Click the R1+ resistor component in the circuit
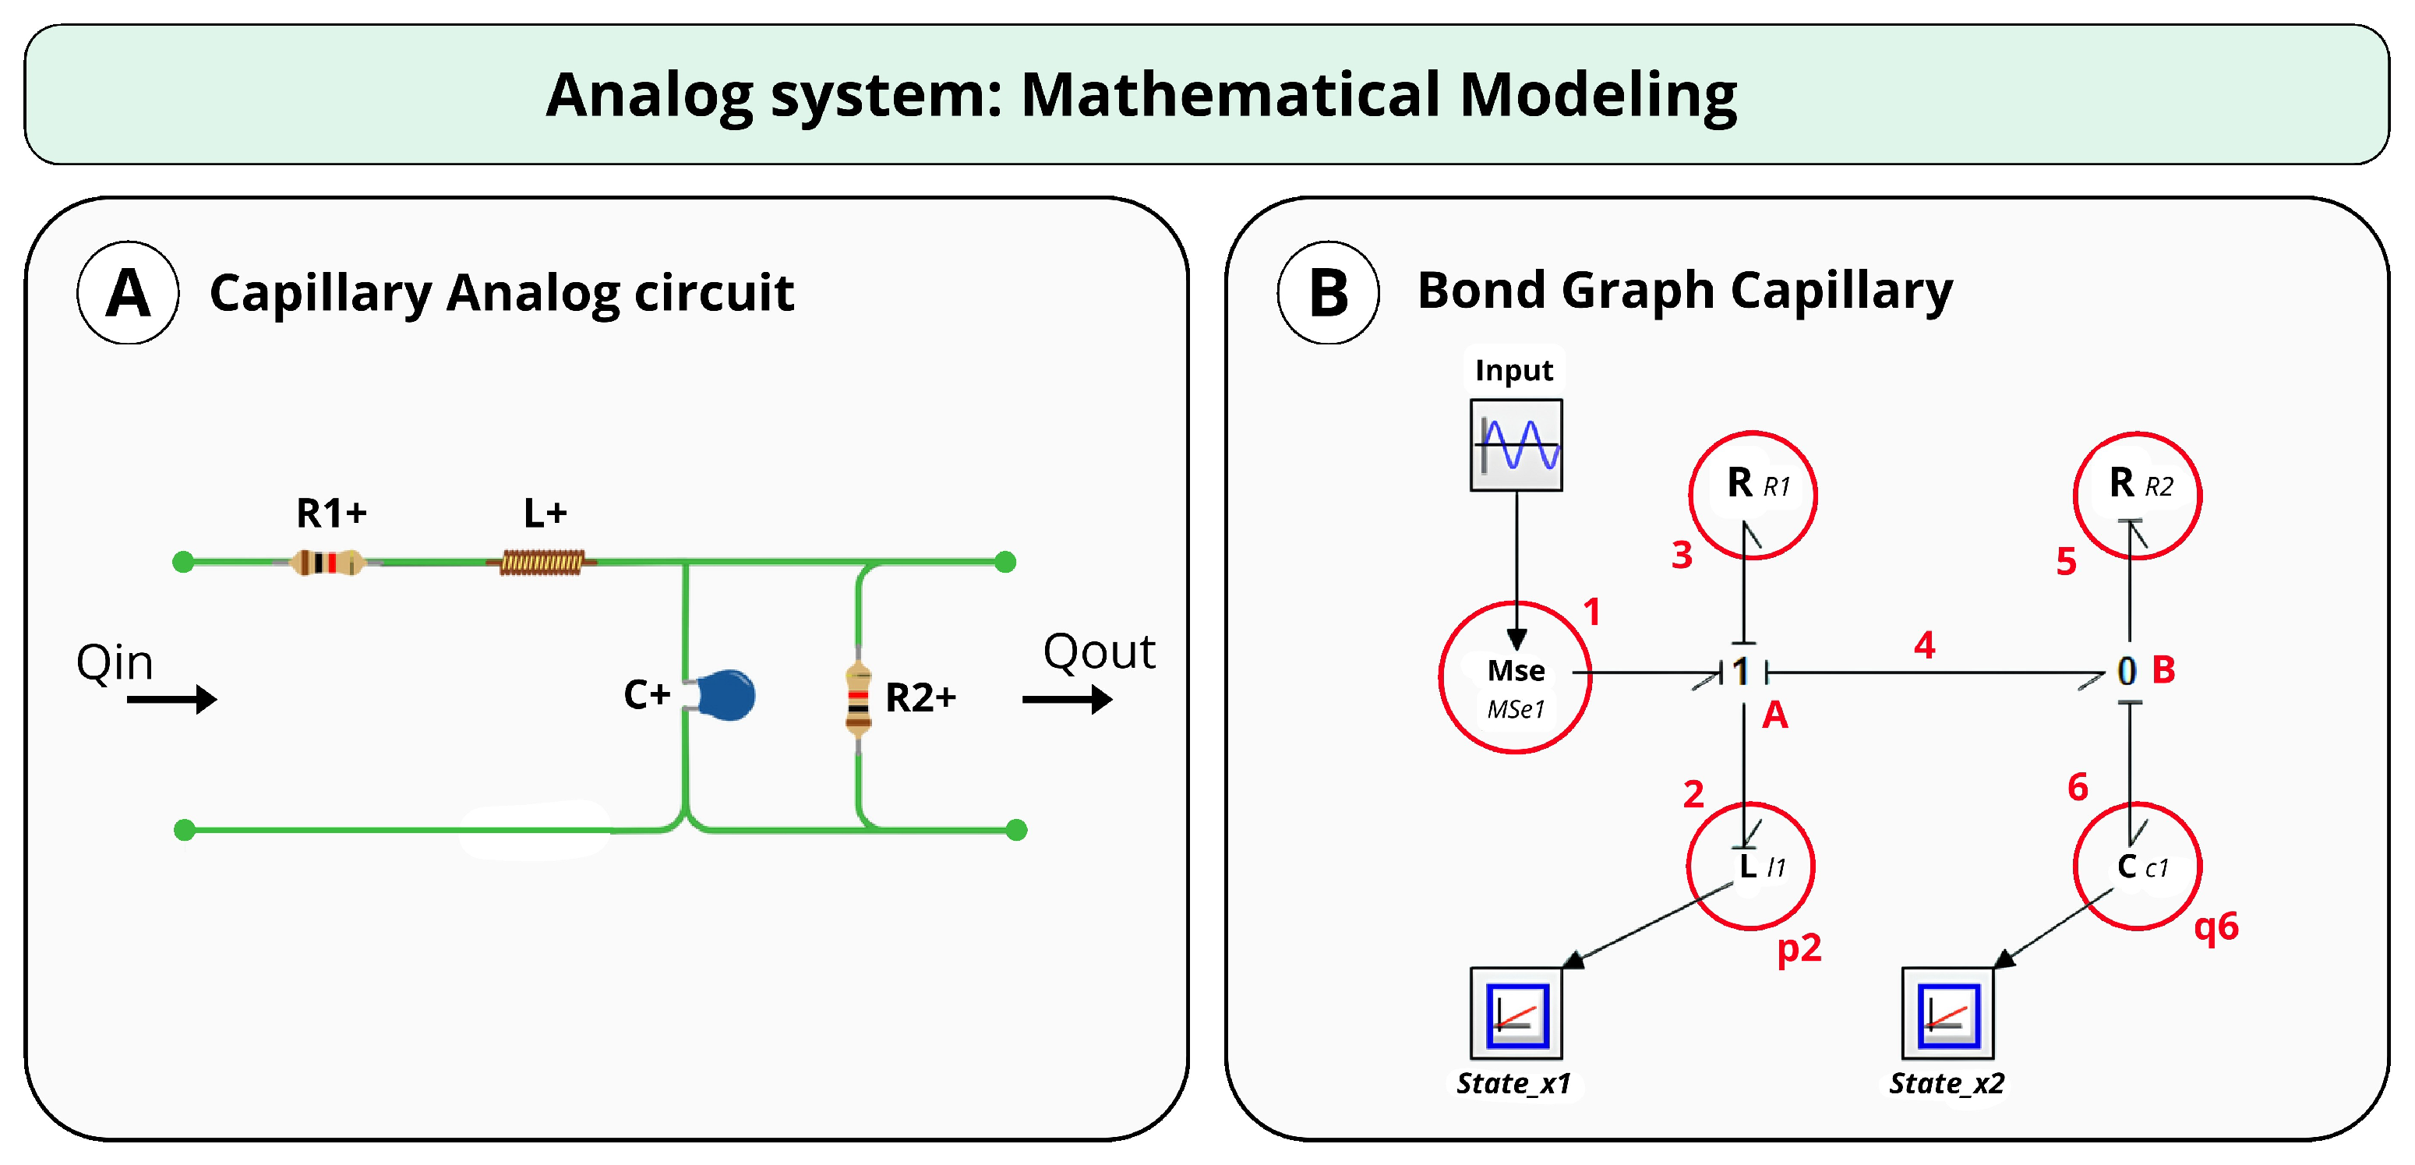[327, 563]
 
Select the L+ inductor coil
[542, 563]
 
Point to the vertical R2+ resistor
[858, 697]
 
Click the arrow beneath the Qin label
[171, 699]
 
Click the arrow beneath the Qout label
[1067, 699]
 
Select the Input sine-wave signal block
[1515, 445]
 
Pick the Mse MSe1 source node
[1515, 678]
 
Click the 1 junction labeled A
[1742, 672]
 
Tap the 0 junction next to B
[2127, 671]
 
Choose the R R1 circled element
[1752, 495]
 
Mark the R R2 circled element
[2137, 495]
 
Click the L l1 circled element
[1750, 866]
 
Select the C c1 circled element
[2137, 866]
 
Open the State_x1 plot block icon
[1516, 1013]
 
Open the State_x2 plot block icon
[1947, 1013]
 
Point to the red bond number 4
[1924, 644]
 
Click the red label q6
[2216, 926]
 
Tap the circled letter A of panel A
[128, 293]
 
